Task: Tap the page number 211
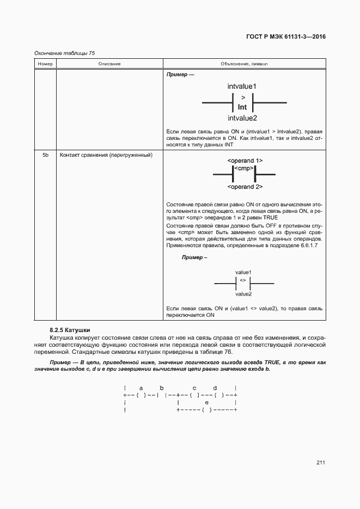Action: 320,463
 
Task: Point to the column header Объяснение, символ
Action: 244,64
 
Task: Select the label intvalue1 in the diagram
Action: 242,86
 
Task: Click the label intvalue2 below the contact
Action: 242,118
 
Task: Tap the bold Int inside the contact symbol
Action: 242,107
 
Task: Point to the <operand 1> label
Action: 245,161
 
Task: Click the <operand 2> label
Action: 245,187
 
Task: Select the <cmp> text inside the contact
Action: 244,169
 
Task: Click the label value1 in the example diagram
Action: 243,272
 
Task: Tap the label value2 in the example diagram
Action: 243,294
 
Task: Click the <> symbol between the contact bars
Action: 243,280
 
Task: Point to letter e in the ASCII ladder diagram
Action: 206,402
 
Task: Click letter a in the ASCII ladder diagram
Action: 141,388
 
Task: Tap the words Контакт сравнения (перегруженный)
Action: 105,155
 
